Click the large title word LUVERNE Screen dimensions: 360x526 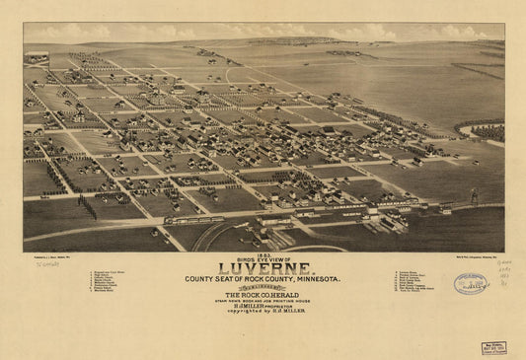(x=263, y=268)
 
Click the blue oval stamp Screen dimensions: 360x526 (x=471, y=284)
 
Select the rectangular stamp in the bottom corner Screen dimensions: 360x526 (x=494, y=347)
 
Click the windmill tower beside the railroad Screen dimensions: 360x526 (x=473, y=195)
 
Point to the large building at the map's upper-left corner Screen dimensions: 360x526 (x=37, y=56)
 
